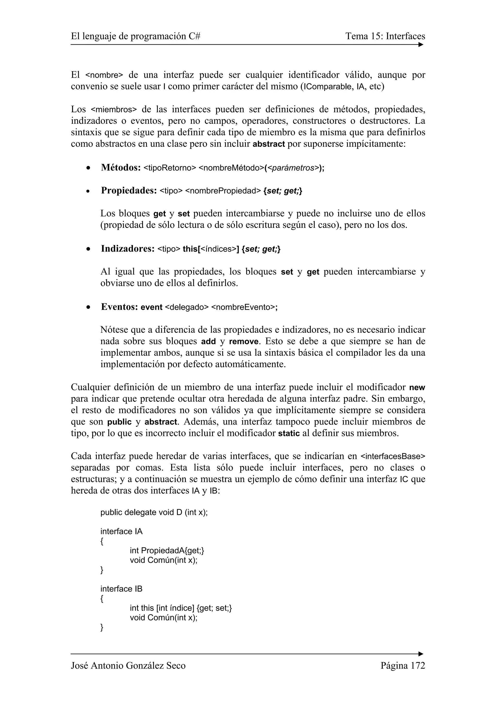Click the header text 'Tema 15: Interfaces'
tap(385, 36)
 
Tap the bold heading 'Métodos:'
tap(121, 168)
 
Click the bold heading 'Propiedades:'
tap(129, 191)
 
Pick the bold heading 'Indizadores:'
tap(127, 249)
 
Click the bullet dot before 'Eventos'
tap(88, 307)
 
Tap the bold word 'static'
tap(288, 433)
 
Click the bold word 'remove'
tap(244, 341)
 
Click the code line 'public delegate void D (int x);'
tap(154, 512)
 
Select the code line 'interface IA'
tap(121, 531)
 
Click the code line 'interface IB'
tap(121, 589)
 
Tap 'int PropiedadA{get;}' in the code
tap(167, 551)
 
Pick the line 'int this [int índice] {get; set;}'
tap(181, 608)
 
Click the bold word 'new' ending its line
tap(417, 388)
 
